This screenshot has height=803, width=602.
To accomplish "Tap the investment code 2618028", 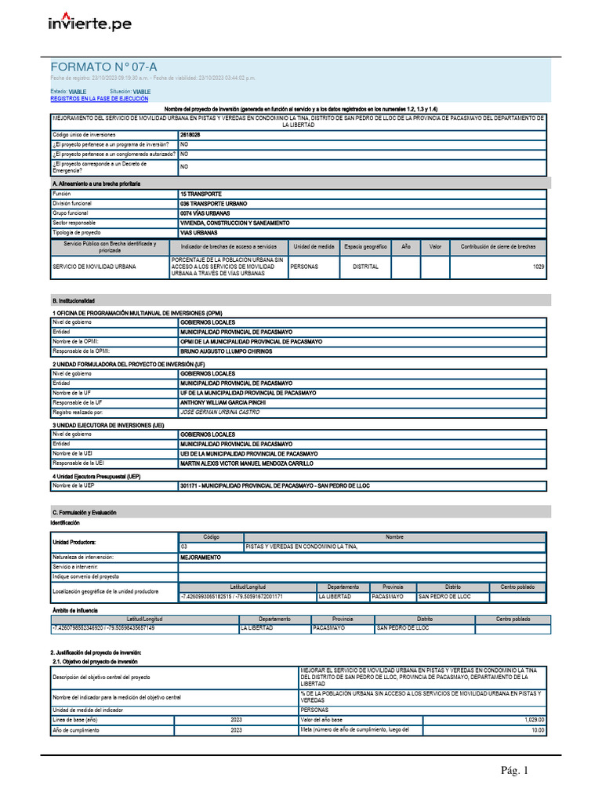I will [190, 135].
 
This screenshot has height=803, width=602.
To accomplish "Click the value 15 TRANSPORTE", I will [201, 194].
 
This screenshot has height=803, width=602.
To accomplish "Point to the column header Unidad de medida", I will [314, 246].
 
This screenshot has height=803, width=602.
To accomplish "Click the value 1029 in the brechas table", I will [538, 267].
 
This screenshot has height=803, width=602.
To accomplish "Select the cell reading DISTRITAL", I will [366, 267].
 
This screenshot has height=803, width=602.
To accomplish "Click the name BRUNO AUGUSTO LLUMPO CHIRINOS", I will [227, 352].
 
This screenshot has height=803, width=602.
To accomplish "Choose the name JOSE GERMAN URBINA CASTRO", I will [219, 412].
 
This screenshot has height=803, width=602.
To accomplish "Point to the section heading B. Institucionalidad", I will [74, 300].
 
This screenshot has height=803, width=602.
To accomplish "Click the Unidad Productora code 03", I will [185, 546].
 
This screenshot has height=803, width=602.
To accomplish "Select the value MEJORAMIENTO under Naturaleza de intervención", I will [201, 558].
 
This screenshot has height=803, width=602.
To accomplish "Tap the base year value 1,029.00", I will [535, 720].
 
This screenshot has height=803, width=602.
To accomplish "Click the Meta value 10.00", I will [538, 730].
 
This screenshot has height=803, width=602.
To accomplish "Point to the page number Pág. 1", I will [515, 772].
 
